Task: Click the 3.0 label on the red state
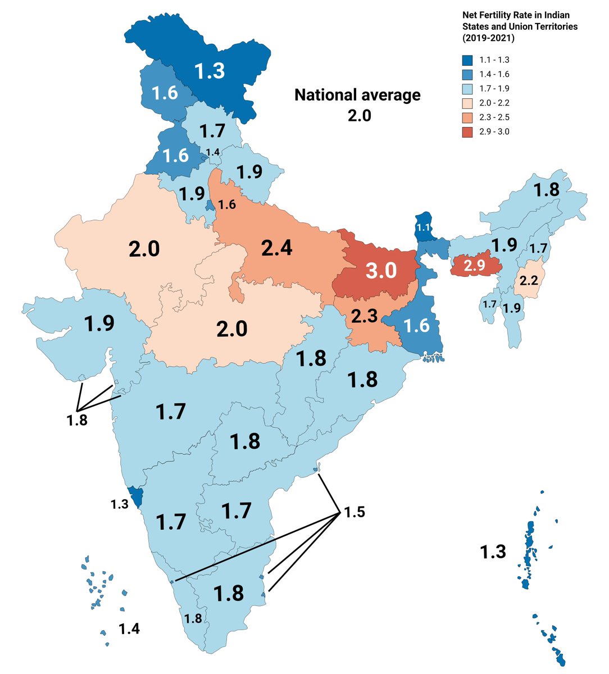tap(381, 270)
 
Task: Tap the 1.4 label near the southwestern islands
tap(129, 629)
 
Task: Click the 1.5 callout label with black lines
tap(354, 512)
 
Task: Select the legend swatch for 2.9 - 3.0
tap(467, 132)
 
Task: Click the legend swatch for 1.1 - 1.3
tap(467, 60)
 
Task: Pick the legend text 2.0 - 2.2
tap(494, 103)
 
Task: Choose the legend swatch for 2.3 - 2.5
tap(467, 117)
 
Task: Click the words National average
tap(357, 95)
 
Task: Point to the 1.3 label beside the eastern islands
tap(493, 552)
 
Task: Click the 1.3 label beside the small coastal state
tap(119, 504)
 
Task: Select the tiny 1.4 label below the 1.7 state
tap(212, 152)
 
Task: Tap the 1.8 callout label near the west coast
tap(76, 420)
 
